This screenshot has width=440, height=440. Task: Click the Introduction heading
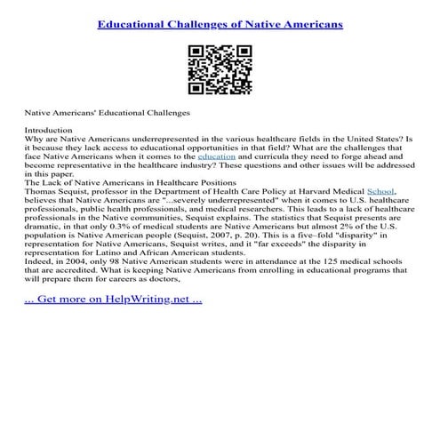click(x=47, y=131)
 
